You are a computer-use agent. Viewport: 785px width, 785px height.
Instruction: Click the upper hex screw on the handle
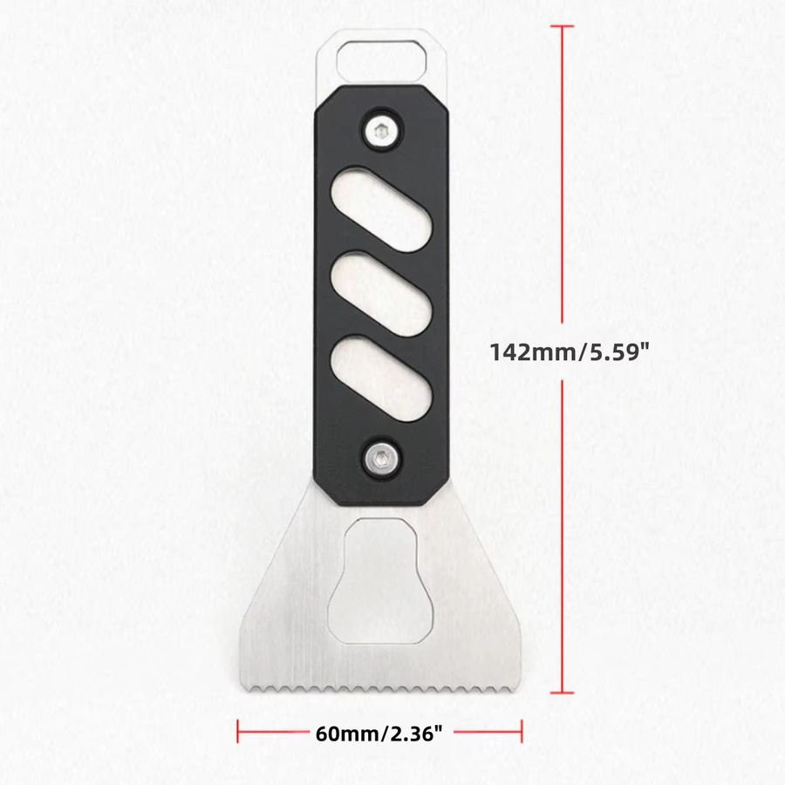[382, 133]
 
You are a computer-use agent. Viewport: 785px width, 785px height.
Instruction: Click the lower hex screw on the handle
[382, 457]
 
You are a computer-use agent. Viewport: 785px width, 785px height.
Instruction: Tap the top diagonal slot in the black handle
[381, 209]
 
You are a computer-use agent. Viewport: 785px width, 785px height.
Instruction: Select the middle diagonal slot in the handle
[381, 293]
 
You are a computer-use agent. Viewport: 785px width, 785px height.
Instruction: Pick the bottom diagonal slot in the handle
[381, 379]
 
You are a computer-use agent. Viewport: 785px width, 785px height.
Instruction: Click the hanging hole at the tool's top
[381, 60]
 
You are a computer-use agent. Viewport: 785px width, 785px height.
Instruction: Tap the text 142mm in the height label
[532, 352]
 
